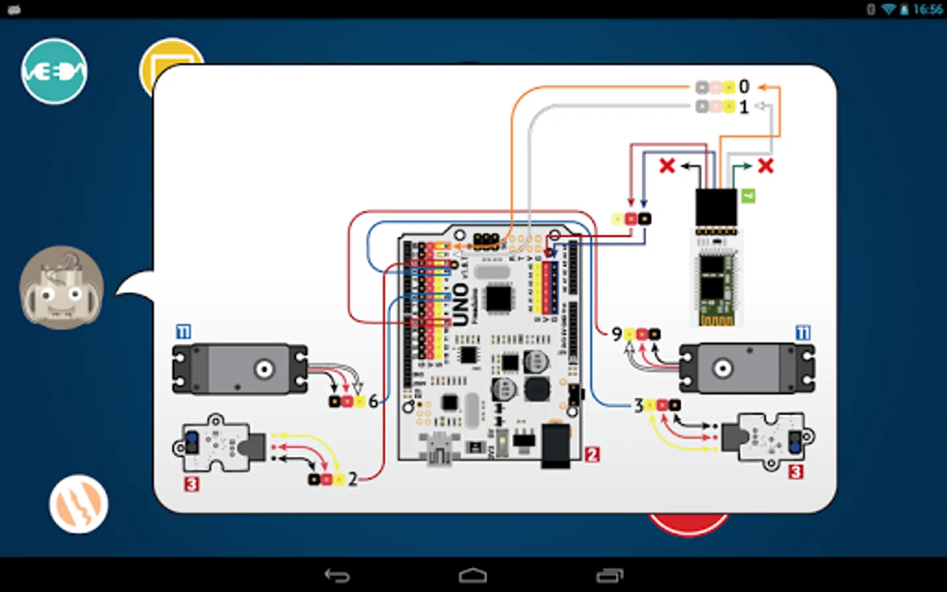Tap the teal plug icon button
click(54, 71)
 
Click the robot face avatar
click(61, 288)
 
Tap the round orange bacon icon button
click(78, 504)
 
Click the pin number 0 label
click(744, 87)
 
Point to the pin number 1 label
click(744, 107)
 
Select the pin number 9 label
click(616, 334)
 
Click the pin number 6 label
click(373, 401)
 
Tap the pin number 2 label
click(352, 479)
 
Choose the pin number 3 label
click(638, 405)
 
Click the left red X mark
click(667, 166)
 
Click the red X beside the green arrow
click(765, 166)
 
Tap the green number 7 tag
click(748, 196)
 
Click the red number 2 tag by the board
click(592, 455)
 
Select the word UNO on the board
click(460, 304)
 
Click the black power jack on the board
click(556, 446)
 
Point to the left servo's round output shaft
click(264, 369)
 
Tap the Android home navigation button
click(473, 576)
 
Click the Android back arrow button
click(337, 576)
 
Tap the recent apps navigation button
click(610, 576)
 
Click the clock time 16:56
click(927, 9)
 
